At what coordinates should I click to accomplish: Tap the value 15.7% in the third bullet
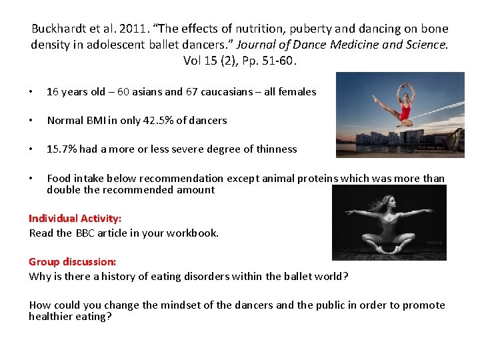(x=61, y=149)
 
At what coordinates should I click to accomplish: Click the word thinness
(x=274, y=149)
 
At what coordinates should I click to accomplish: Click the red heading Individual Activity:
(x=75, y=219)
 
